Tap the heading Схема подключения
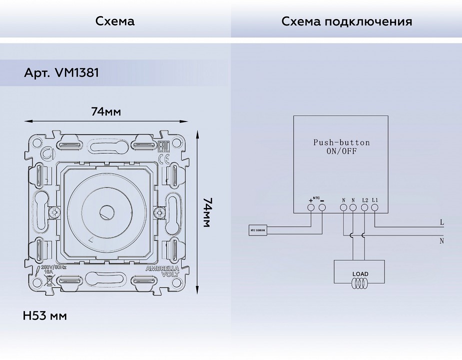tap(347, 21)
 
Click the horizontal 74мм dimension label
tap(106, 111)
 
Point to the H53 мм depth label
tap(45, 316)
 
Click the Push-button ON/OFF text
tap(342, 147)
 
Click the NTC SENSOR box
tap(258, 230)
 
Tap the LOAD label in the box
tap(360, 274)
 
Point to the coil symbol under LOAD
tap(360, 284)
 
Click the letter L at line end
tap(442, 221)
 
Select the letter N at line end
tap(442, 241)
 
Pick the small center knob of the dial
tap(106, 212)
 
